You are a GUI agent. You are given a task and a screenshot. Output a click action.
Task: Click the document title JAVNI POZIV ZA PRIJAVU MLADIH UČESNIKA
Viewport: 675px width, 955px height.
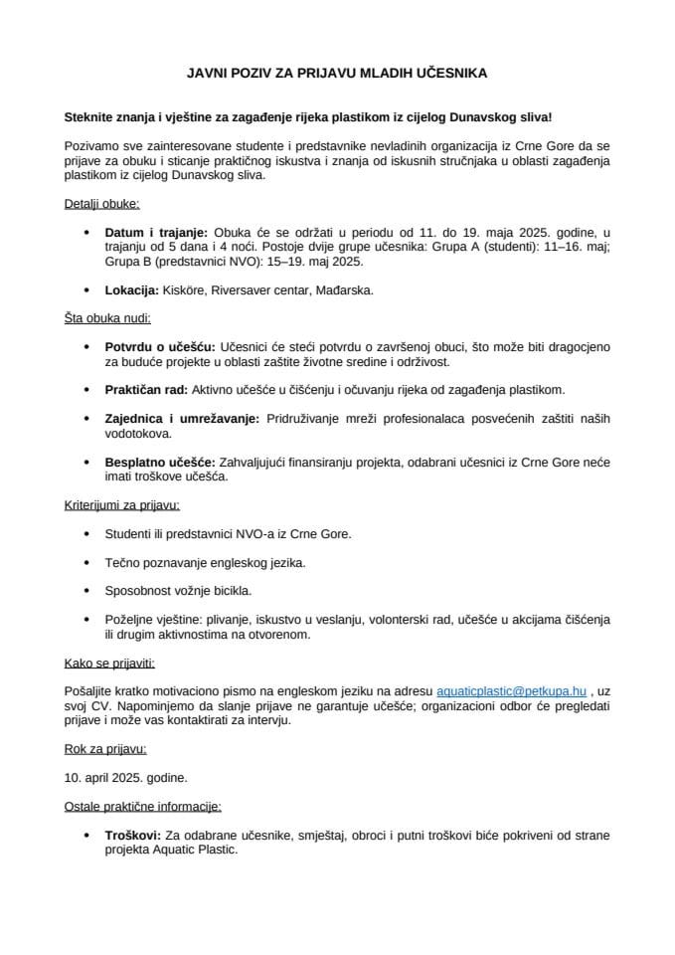[x=337, y=74]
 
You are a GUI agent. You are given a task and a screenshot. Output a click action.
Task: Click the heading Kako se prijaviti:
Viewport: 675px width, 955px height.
[x=109, y=662]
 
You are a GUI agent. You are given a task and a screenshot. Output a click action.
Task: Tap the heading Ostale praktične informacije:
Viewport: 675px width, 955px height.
[x=142, y=804]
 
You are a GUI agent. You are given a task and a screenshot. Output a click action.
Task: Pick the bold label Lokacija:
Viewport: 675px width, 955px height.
[x=132, y=290]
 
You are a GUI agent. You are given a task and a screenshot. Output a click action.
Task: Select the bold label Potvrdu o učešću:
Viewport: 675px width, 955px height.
[x=161, y=346]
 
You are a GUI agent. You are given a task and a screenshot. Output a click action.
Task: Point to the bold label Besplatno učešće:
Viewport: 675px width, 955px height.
[x=160, y=462]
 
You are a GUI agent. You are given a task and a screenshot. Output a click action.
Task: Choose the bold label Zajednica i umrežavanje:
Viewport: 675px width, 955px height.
[x=182, y=419]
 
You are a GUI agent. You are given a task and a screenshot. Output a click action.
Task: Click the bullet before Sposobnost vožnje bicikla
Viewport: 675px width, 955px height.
[x=89, y=590]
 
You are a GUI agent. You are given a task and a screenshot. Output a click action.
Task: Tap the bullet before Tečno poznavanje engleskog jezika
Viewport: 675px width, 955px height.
[x=89, y=562]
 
